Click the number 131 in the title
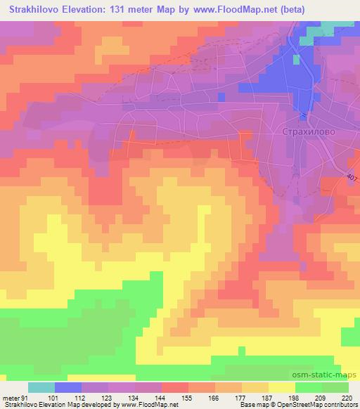(x=131, y=8)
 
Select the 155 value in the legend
(x=188, y=397)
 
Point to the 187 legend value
(x=268, y=397)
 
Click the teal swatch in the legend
(x=41, y=387)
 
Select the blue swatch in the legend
(x=68, y=387)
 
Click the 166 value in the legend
(x=215, y=397)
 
